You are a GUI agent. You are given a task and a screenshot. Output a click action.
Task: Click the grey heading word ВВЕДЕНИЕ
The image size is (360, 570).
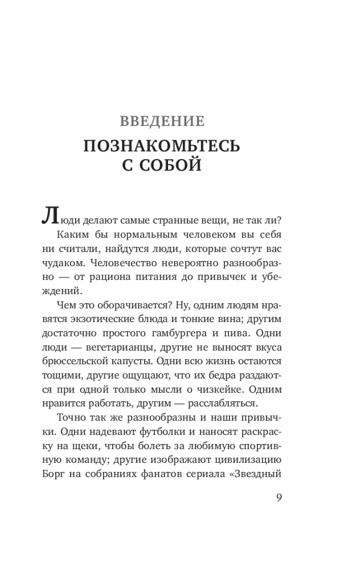pyautogui.click(x=162, y=121)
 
